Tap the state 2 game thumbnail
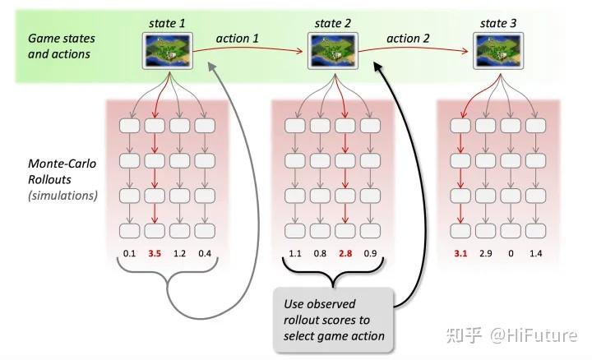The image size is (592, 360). [x=332, y=50]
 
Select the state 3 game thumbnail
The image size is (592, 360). [x=498, y=50]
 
